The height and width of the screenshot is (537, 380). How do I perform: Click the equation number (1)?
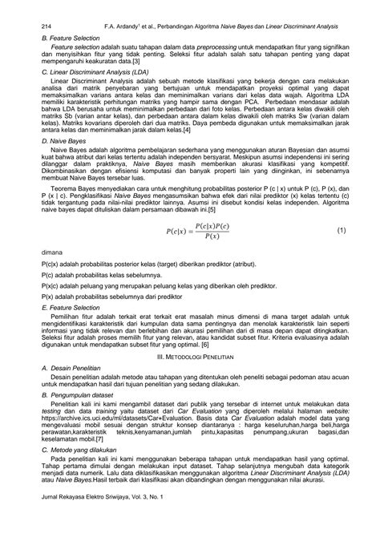[340, 230]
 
